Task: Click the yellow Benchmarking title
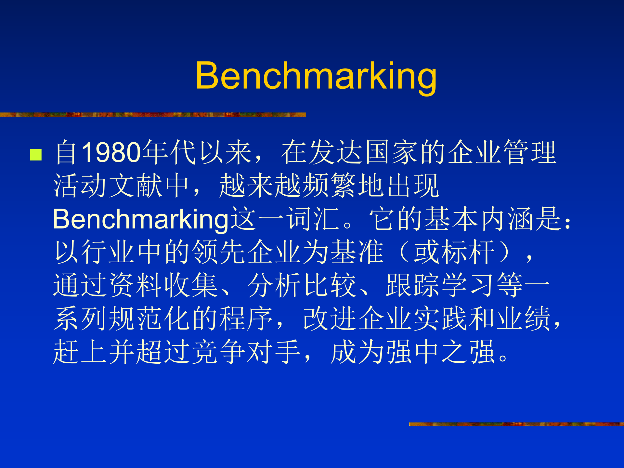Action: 316,76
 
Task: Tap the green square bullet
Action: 36,155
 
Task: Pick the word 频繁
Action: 330,186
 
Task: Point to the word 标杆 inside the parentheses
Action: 468,252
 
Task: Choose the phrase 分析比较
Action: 302,285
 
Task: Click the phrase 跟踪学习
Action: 441,285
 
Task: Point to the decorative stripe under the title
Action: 153,115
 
